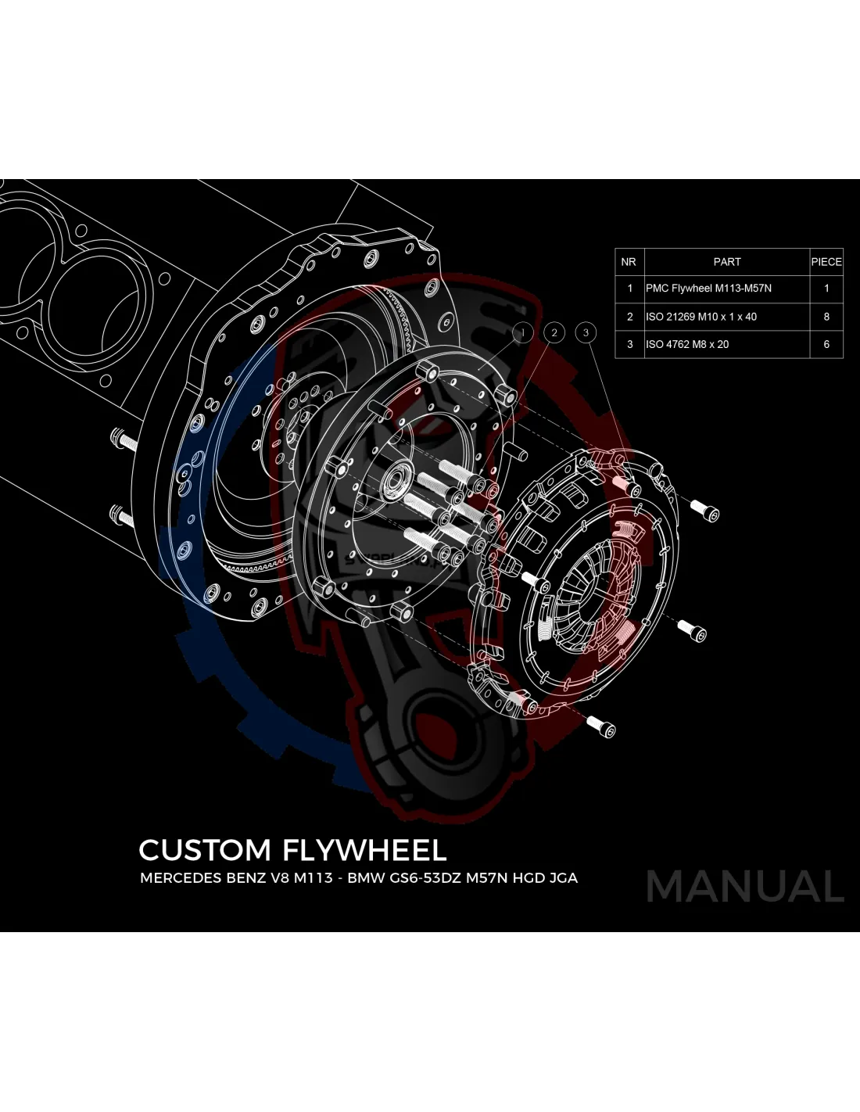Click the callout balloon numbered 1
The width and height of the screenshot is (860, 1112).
tap(523, 332)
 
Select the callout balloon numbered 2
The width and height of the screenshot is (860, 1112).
tap(554, 332)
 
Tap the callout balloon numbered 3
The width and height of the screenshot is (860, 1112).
tap(586, 332)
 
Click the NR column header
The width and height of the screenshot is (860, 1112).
tap(629, 262)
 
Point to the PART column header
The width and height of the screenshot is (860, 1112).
tap(726, 262)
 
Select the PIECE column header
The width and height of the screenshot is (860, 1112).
tap(826, 262)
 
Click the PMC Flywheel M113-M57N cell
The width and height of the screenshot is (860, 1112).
tap(708, 289)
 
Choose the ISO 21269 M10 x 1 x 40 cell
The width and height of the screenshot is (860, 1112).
tap(701, 317)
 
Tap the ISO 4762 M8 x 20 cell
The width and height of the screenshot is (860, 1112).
tap(686, 344)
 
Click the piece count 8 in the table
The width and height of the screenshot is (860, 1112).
tap(826, 317)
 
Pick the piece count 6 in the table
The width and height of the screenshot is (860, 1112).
tap(826, 344)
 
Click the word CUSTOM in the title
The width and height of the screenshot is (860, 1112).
tap(204, 850)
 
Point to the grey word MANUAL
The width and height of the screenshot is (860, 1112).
tap(745, 887)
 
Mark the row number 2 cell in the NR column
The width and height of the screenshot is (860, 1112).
tap(629, 317)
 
